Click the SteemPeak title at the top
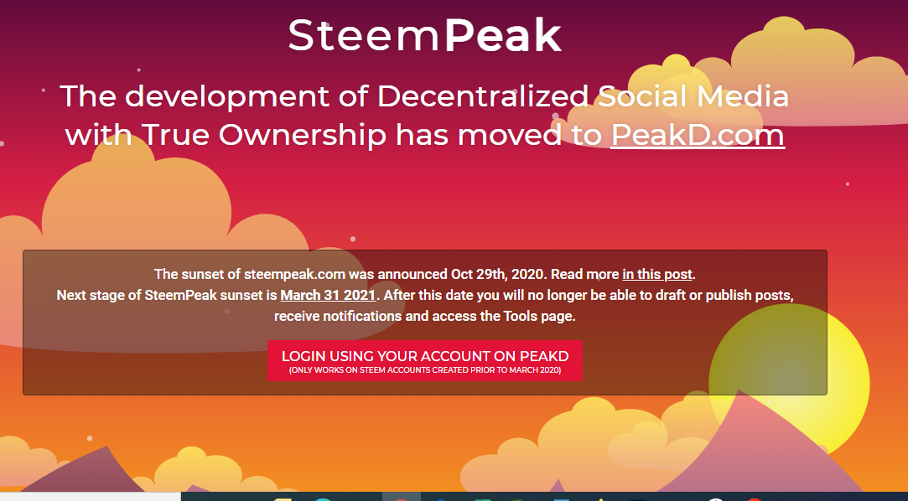[x=424, y=34]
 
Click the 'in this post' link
[x=657, y=274]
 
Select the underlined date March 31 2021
[x=329, y=295]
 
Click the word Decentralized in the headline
[x=483, y=96]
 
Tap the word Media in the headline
[x=742, y=96]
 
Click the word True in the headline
[x=175, y=135]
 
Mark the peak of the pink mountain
[x=739, y=390]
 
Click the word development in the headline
[x=227, y=97]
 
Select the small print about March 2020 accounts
[x=425, y=370]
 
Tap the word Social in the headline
[x=642, y=96]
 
